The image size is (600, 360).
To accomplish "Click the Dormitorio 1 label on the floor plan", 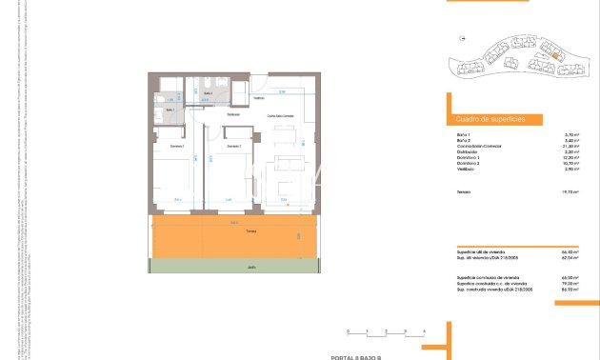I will pos(177,146).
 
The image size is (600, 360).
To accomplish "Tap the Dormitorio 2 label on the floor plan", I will pos(233,146).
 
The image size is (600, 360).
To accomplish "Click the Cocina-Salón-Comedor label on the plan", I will pos(279,115).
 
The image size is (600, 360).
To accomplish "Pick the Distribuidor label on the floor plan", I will pos(233,114).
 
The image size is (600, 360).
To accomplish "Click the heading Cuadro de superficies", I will pos(484,120).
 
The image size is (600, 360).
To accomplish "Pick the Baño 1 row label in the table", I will pos(463,135).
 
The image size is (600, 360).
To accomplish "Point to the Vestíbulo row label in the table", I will pos(465,170).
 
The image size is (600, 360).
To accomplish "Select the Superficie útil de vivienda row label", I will pos(482,252).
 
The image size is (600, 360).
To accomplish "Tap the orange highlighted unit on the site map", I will pos(553,55).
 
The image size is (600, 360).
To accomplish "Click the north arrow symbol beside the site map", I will pos(462,39).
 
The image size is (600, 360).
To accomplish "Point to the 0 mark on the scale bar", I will pos(348,330).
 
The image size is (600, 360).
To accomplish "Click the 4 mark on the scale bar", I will pos(422,330).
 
